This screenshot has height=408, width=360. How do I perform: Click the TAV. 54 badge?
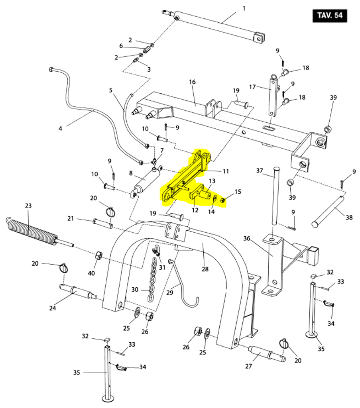pyautogui.click(x=330, y=16)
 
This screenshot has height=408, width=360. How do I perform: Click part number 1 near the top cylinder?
pyautogui.click(x=244, y=8)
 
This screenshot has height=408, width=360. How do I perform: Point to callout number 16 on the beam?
pyautogui.click(x=192, y=82)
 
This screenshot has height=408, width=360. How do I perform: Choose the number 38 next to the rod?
pyautogui.click(x=349, y=218)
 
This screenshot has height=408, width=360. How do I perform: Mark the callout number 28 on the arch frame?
pyautogui.click(x=205, y=269)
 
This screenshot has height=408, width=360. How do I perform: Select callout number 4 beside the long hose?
pyautogui.click(x=60, y=128)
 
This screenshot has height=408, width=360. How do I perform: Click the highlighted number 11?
pyautogui.click(x=226, y=171)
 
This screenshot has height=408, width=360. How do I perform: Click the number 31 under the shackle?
pyautogui.click(x=162, y=267)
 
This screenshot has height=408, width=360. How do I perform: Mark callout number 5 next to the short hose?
pyautogui.click(x=111, y=90)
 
